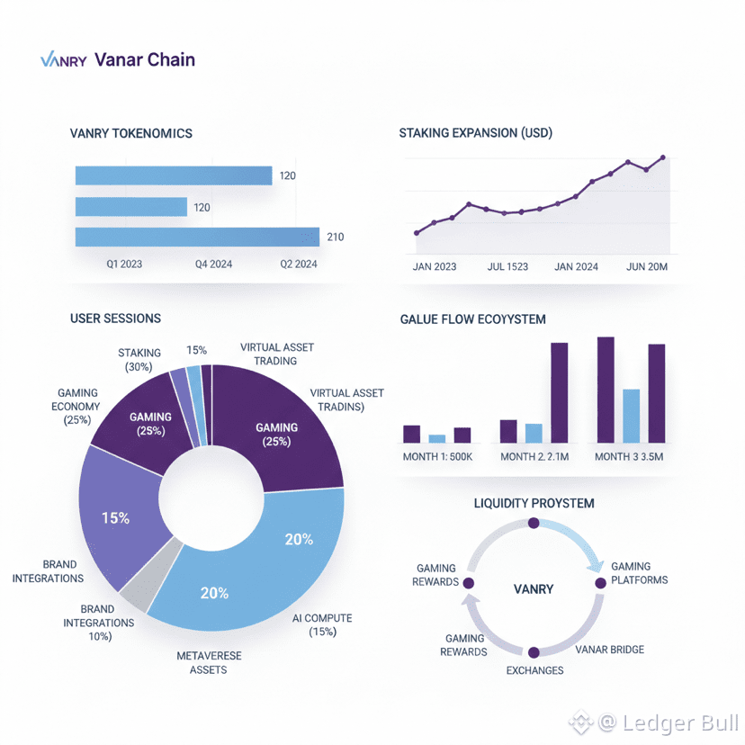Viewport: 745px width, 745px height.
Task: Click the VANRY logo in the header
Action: (63, 61)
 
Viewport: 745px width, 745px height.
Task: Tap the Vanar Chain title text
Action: (144, 60)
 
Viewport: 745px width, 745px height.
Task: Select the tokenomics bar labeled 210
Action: (197, 237)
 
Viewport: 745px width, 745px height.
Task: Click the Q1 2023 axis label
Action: (124, 265)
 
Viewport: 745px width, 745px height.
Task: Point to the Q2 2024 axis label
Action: (299, 265)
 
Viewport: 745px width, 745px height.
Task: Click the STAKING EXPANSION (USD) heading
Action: (475, 133)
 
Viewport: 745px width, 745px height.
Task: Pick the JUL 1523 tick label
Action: (507, 266)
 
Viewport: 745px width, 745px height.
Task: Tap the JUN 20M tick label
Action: (645, 266)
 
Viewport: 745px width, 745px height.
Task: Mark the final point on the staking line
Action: (663, 157)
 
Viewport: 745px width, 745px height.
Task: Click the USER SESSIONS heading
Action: (115, 319)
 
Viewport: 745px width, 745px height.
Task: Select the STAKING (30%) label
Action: (139, 360)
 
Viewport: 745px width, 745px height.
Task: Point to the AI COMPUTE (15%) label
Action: (322, 624)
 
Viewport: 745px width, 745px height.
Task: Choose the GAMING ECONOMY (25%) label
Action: (77, 407)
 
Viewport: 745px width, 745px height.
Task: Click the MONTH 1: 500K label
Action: (437, 456)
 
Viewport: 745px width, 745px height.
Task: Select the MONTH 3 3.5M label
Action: (629, 456)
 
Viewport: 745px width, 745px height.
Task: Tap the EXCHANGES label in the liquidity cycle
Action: (534, 670)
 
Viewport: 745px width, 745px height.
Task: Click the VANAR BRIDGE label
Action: (609, 650)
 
